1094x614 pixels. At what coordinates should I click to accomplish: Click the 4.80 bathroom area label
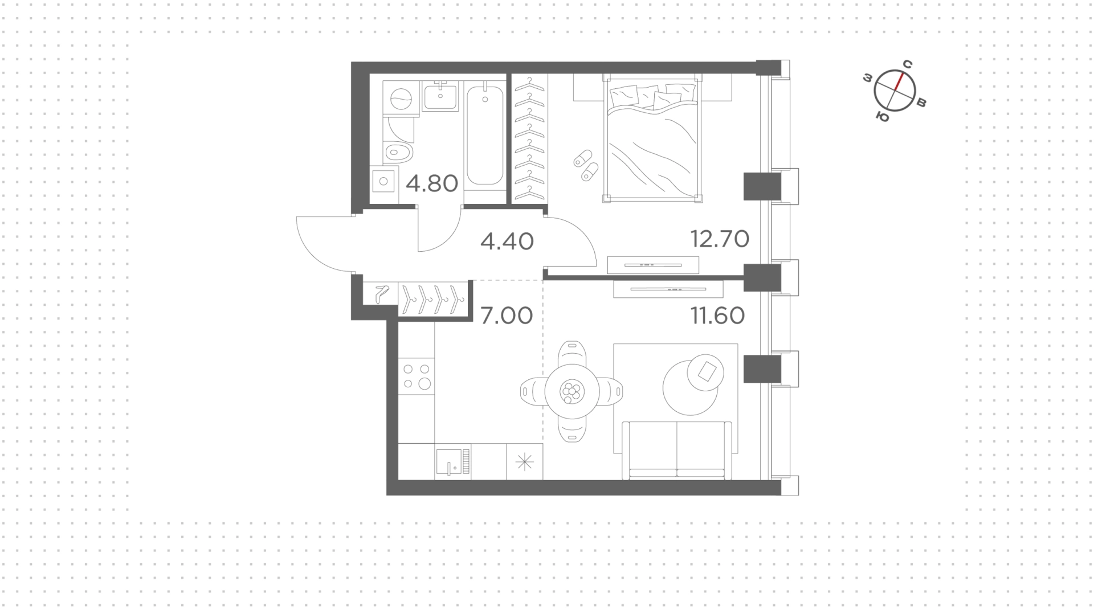[x=432, y=184]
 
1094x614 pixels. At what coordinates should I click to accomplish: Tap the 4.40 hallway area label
[x=507, y=241]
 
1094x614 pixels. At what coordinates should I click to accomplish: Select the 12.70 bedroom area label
[x=720, y=239]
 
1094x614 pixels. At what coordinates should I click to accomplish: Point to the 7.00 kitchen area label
[x=507, y=315]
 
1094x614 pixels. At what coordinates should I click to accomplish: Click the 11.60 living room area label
[x=718, y=315]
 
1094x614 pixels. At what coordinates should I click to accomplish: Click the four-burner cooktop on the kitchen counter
[x=417, y=376]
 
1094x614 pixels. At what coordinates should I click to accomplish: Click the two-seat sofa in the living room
[x=677, y=451]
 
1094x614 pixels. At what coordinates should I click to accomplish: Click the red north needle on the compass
[x=899, y=81]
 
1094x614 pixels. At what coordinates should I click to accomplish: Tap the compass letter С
[x=908, y=64]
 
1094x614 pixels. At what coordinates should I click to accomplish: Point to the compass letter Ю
[x=883, y=117]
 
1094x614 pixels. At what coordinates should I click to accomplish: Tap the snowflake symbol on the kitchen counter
[x=524, y=462]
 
